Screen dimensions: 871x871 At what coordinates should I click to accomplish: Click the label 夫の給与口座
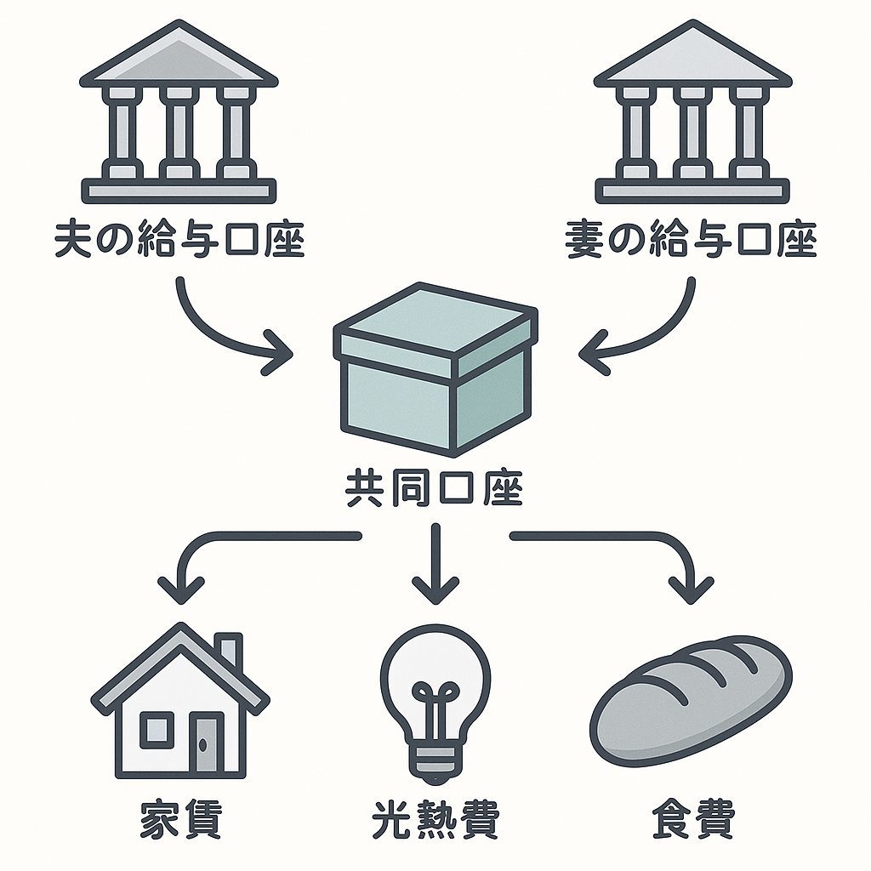click(x=179, y=241)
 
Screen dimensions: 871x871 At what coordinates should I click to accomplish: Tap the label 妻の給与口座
click(x=691, y=241)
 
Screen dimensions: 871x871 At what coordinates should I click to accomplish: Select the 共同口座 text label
click(x=435, y=491)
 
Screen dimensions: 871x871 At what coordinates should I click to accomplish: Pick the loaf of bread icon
click(x=691, y=699)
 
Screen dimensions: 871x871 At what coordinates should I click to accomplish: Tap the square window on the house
click(x=156, y=730)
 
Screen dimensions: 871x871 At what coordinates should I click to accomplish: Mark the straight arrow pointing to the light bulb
click(x=435, y=566)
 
